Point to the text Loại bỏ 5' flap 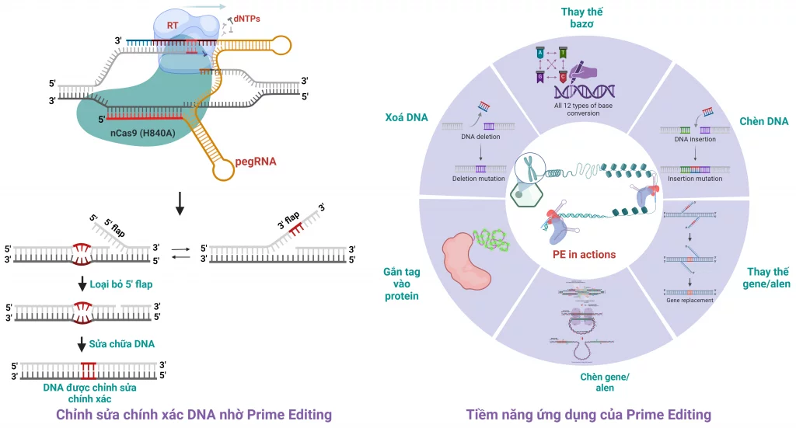(x=122, y=284)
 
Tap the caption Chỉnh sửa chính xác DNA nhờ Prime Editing (x=194, y=414)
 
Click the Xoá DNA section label (x=407, y=118)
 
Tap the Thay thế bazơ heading (x=582, y=19)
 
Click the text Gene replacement (x=689, y=299)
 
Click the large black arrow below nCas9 (x=180, y=203)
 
